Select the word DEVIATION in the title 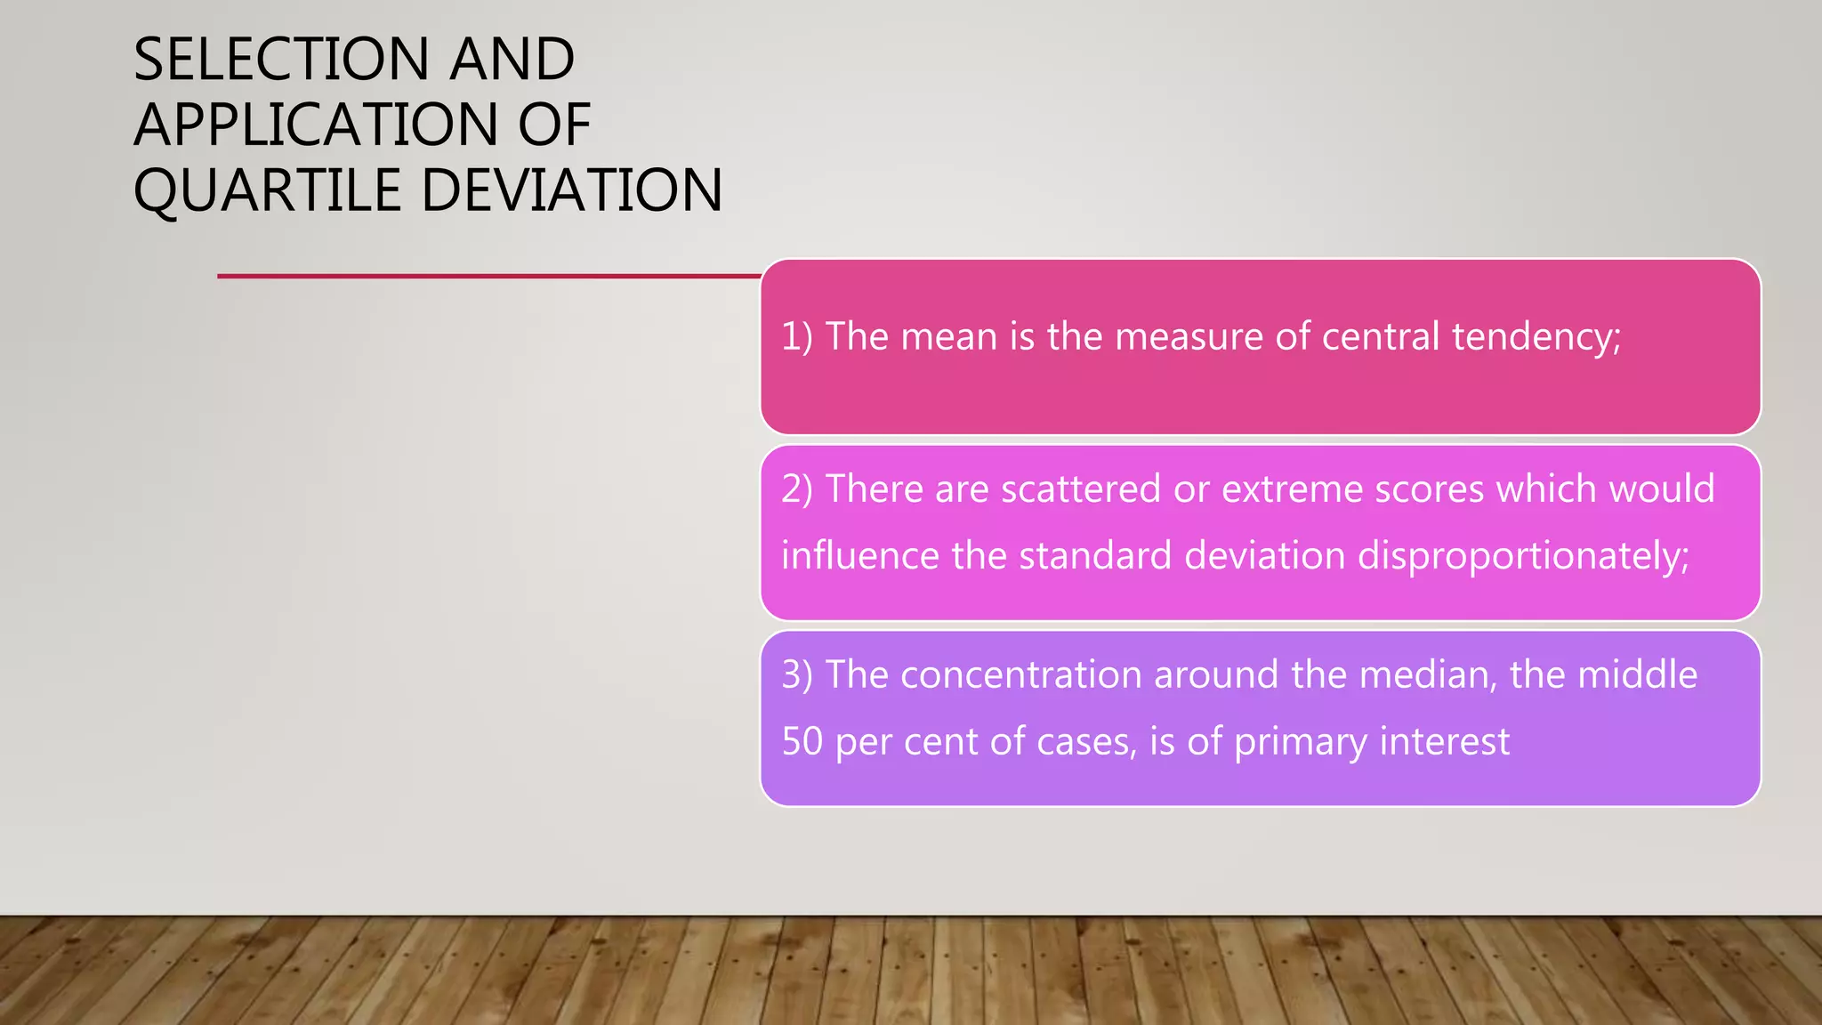pyautogui.click(x=572, y=190)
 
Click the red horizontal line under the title pyautogui.click(x=489, y=276)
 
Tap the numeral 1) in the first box pyautogui.click(x=797, y=336)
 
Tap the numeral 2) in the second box pyautogui.click(x=797, y=488)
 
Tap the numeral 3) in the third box pyautogui.click(x=797, y=674)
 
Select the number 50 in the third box pyautogui.click(x=802, y=741)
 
